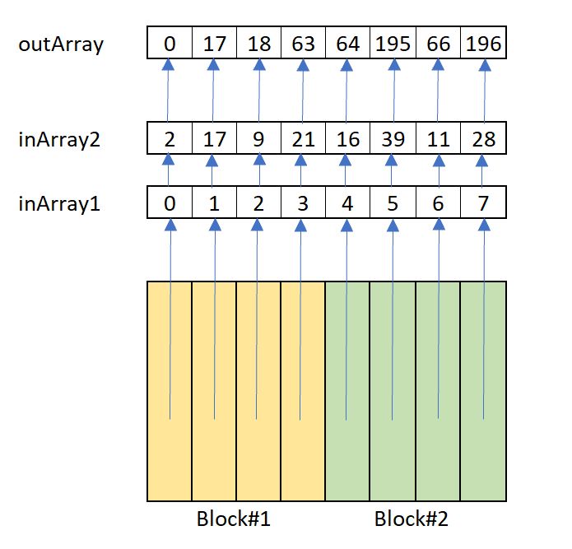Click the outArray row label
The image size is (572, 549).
[61, 44]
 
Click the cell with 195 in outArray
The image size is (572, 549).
[393, 44]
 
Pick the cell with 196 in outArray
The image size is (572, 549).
[482, 44]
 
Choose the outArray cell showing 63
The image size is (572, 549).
[303, 44]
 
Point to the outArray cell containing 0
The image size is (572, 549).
[170, 44]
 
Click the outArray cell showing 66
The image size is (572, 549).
[437, 44]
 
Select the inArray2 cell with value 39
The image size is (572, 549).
[393, 139]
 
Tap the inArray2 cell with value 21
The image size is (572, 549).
[303, 139]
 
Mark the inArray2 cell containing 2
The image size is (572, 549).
[170, 139]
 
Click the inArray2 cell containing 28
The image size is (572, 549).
[482, 139]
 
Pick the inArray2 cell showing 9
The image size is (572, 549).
[258, 139]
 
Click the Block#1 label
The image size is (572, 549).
[234, 520]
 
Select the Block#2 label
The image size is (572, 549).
[412, 520]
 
